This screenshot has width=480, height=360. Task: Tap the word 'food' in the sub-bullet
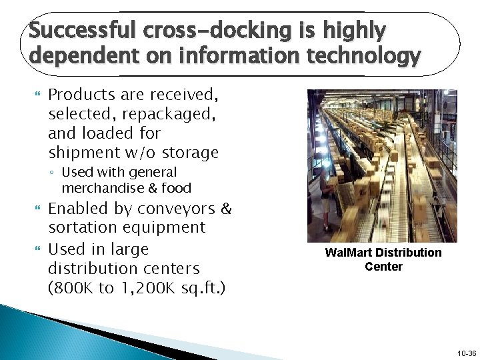pyautogui.click(x=175, y=188)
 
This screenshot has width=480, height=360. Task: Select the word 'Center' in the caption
pyautogui.click(x=383, y=267)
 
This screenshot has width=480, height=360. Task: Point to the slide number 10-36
pyautogui.click(x=467, y=353)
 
